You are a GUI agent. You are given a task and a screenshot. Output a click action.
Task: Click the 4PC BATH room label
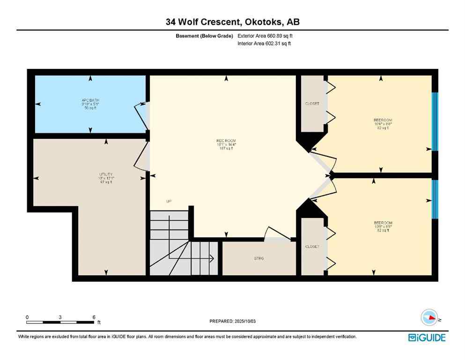point(88,100)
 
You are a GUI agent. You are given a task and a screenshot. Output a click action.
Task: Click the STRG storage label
point(259,258)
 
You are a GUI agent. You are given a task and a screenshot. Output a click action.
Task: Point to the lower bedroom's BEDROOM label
point(383,223)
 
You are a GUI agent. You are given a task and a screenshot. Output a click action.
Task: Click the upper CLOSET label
point(312,104)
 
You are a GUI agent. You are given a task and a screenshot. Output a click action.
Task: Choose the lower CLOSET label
point(312,247)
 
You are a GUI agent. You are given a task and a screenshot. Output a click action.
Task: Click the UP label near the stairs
point(169,202)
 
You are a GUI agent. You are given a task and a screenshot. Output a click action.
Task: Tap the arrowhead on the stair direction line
point(212,257)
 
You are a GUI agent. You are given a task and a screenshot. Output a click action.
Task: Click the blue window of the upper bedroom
point(435,121)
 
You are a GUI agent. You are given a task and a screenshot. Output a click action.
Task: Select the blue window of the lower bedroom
point(435,199)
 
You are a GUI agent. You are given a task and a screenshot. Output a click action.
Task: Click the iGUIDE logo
point(427,337)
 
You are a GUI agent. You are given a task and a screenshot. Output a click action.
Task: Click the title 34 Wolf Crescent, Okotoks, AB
point(232,22)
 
